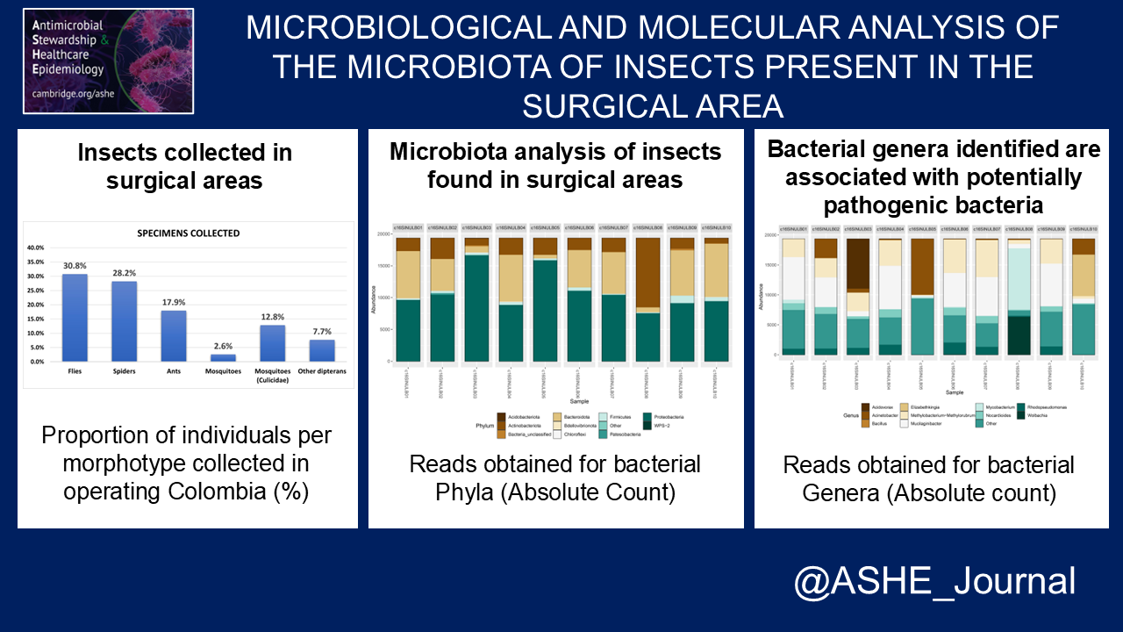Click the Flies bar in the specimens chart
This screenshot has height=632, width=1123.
coord(75,318)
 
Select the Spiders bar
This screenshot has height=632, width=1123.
coord(124,321)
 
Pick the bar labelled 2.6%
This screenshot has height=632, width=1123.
coord(223,357)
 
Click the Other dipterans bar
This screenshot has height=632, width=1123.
coord(321,350)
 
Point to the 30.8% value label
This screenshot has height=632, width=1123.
coord(75,265)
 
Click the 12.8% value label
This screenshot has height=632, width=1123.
coord(272,317)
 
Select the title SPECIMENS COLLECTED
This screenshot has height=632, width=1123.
coord(188,233)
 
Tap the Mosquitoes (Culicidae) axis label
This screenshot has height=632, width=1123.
coord(272,375)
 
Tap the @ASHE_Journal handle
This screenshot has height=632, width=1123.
coord(933,582)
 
